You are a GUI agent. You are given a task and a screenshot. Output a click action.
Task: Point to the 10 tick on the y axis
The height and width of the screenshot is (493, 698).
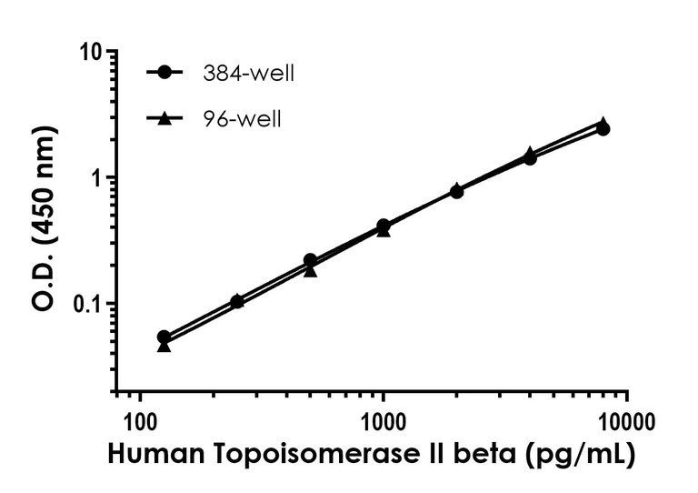(x=89, y=52)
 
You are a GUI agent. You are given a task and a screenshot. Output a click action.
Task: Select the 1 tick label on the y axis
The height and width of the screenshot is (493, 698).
(x=95, y=178)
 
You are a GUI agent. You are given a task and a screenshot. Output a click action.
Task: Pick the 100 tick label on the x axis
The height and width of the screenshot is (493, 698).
(x=139, y=421)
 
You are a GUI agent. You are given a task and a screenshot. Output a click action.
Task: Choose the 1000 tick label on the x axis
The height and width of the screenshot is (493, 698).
(x=383, y=421)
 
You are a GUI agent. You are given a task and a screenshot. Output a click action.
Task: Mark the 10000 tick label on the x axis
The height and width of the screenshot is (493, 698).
(x=626, y=421)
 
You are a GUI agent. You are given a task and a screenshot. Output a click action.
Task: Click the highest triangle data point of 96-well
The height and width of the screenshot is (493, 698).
(x=603, y=123)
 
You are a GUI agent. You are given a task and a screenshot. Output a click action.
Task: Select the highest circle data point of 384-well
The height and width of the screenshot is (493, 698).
(x=603, y=129)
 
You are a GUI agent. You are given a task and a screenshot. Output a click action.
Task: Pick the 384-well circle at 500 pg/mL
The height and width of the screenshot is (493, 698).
(x=310, y=260)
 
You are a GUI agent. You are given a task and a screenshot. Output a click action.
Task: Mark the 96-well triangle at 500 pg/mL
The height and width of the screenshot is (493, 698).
(x=310, y=270)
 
